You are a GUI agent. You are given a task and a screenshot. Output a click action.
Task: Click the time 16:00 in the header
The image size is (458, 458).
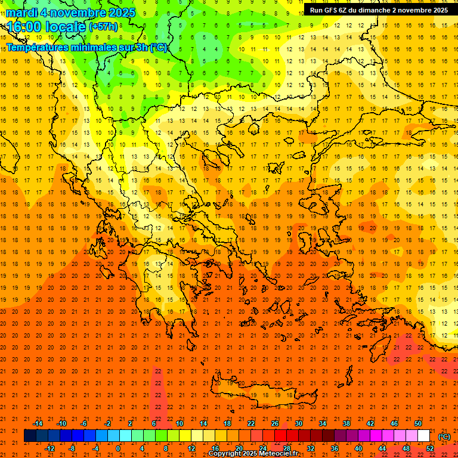pyautogui.click(x=24, y=27)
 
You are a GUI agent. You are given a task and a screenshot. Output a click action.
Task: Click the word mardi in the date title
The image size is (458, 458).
pyautogui.click(x=21, y=13)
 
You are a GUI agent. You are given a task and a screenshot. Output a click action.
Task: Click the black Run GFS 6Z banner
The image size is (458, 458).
pyautogui.click(x=379, y=10)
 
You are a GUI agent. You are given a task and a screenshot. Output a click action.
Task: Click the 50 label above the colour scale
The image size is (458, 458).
pyautogui.click(x=417, y=423)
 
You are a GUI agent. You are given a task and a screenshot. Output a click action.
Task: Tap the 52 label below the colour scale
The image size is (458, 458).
pyautogui.click(x=429, y=448)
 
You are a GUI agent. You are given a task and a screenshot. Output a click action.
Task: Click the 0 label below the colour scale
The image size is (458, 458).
pyautogui.click(x=119, y=448)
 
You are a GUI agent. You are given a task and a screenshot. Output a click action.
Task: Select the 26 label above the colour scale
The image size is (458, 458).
pyautogui.click(x=275, y=423)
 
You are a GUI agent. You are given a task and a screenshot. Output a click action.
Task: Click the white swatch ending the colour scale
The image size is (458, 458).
pyautogui.click(x=424, y=435)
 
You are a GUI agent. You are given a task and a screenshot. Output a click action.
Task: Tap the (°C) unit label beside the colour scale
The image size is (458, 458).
pyautogui.click(x=444, y=437)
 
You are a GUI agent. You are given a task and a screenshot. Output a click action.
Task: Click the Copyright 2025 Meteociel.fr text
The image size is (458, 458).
pyautogui.click(x=253, y=454)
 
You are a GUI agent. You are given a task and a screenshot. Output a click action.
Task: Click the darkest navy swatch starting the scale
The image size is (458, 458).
pyautogui.click(x=30, y=435)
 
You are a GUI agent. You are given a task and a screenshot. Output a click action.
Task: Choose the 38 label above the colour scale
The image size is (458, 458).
pyautogui.click(x=346, y=423)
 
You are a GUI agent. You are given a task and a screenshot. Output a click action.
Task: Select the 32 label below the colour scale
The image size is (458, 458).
pyautogui.click(x=311, y=448)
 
